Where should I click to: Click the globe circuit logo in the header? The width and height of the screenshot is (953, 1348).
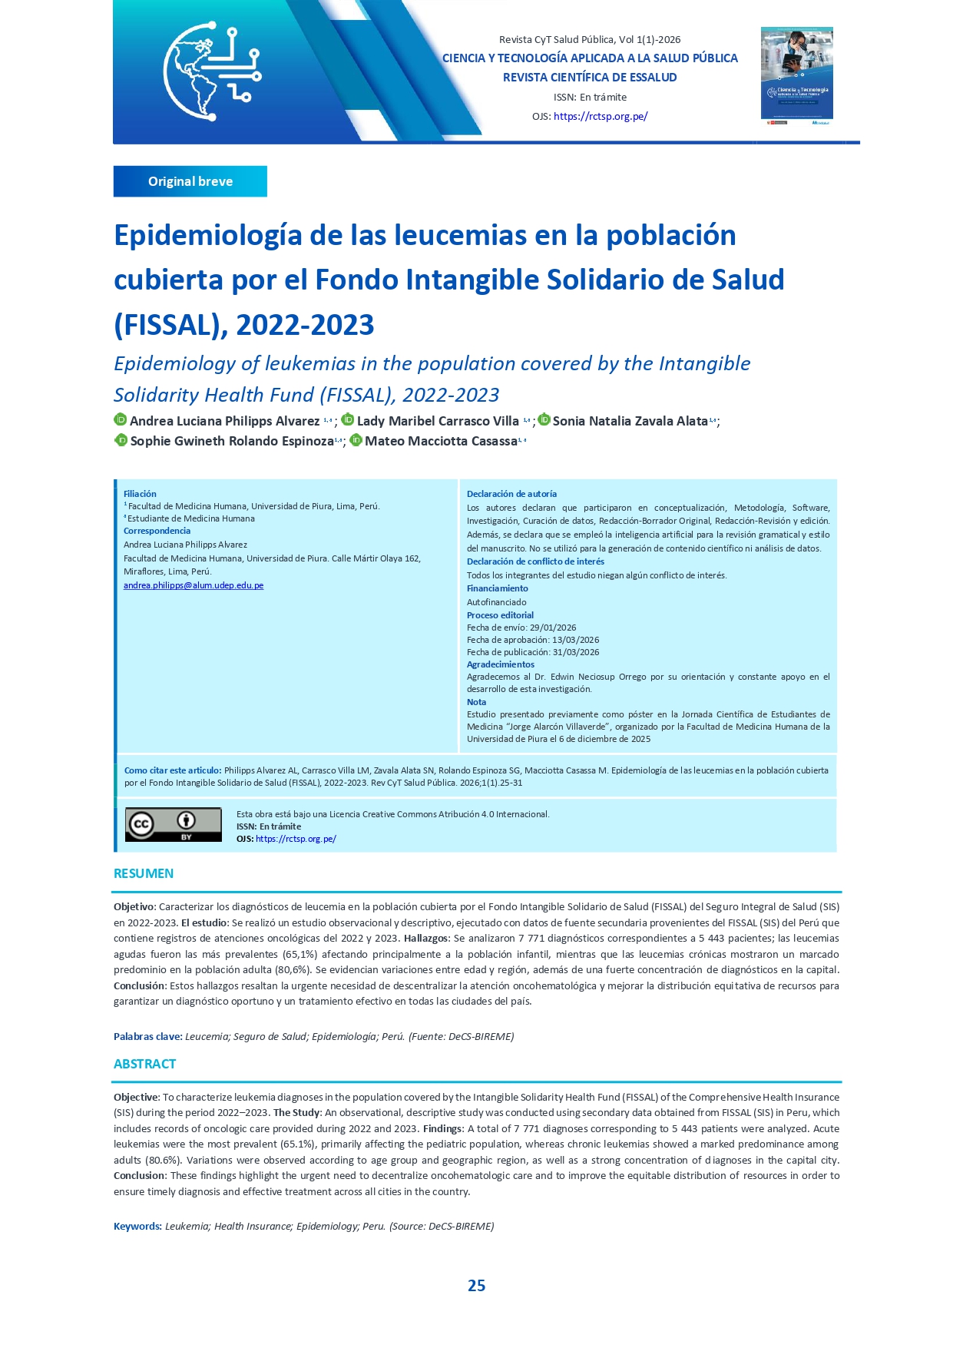[x=211, y=71]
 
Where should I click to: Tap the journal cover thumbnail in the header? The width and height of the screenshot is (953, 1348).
[x=796, y=75]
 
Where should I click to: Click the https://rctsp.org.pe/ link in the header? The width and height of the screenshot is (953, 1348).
[x=600, y=117]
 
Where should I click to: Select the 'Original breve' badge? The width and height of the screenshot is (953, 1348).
[x=190, y=181]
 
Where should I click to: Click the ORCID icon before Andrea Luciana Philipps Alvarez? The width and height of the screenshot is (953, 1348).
[x=121, y=419]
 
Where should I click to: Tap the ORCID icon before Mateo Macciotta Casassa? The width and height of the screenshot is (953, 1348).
[x=356, y=440]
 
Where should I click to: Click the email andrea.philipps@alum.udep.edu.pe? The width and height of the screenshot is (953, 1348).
[x=194, y=585]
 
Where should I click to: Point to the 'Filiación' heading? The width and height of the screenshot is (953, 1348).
[x=140, y=494]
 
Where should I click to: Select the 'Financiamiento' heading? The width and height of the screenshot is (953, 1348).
[x=497, y=588]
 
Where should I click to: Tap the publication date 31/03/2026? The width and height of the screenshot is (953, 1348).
[x=576, y=652]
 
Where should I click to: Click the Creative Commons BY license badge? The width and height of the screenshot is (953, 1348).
[x=173, y=824]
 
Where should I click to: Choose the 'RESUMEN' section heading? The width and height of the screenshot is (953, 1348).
[x=144, y=873]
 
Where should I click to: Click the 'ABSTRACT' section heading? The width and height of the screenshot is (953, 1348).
[x=145, y=1064]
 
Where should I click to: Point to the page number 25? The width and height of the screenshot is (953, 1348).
[x=476, y=1285]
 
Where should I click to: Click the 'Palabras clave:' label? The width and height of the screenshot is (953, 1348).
[x=147, y=1036]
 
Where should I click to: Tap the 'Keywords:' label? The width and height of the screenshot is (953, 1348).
[x=137, y=1226]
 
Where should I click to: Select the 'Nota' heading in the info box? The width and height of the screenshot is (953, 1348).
[x=476, y=702]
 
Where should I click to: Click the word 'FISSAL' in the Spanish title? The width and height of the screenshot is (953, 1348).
[x=167, y=325]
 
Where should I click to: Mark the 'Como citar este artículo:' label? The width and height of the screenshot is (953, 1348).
[x=173, y=770]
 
